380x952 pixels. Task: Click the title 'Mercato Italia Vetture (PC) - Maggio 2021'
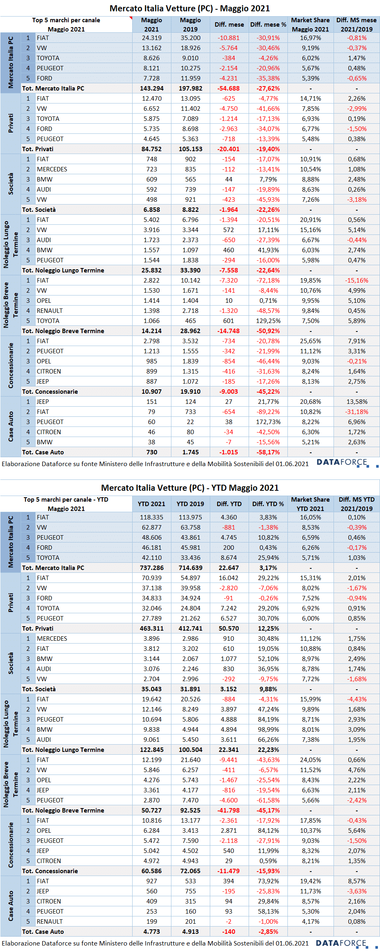pyautogui.click(x=190, y=8)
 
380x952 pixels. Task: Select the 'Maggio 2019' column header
pyautogui.click(x=190, y=25)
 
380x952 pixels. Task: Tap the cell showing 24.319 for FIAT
pyautogui.click(x=152, y=38)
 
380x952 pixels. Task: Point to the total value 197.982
pyautogui.click(x=190, y=89)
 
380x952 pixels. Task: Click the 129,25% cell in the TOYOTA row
pyautogui.click(x=268, y=321)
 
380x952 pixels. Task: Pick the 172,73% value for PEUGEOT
pyautogui.click(x=268, y=422)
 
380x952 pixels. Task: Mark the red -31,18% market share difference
pyautogui.click(x=357, y=412)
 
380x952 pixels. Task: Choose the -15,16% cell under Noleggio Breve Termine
pyautogui.click(x=357, y=281)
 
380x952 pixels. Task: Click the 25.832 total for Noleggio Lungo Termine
pyautogui.click(x=152, y=270)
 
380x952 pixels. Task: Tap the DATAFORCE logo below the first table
pyautogui.click(x=347, y=463)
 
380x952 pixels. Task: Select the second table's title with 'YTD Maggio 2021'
pyautogui.click(x=190, y=488)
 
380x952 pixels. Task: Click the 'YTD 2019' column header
pyautogui.click(x=190, y=504)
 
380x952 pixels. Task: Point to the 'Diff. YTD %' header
pyautogui.click(x=268, y=504)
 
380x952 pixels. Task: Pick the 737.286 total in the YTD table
pyautogui.click(x=152, y=568)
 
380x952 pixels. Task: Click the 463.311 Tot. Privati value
pyautogui.click(x=152, y=629)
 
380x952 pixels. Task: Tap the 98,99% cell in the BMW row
pyautogui.click(x=268, y=730)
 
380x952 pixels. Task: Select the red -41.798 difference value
pyautogui.click(x=229, y=811)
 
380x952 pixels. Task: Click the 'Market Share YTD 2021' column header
pyautogui.click(x=310, y=504)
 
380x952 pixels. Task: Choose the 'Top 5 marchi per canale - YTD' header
pyautogui.click(x=66, y=500)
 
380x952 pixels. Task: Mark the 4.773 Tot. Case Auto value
pyautogui.click(x=152, y=932)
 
